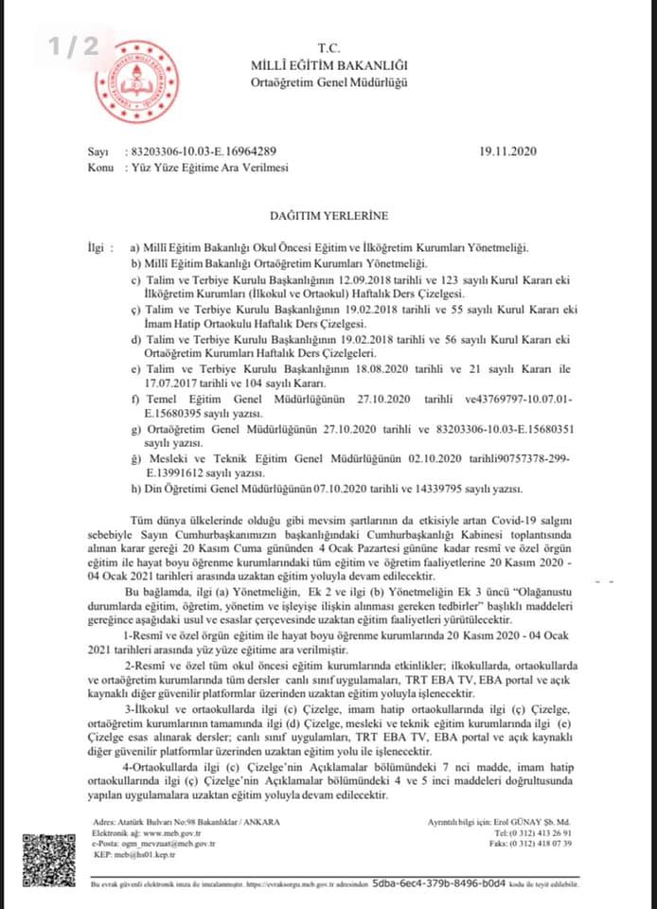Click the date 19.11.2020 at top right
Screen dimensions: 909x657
[508, 151]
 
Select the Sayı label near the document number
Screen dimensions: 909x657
[98, 151]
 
